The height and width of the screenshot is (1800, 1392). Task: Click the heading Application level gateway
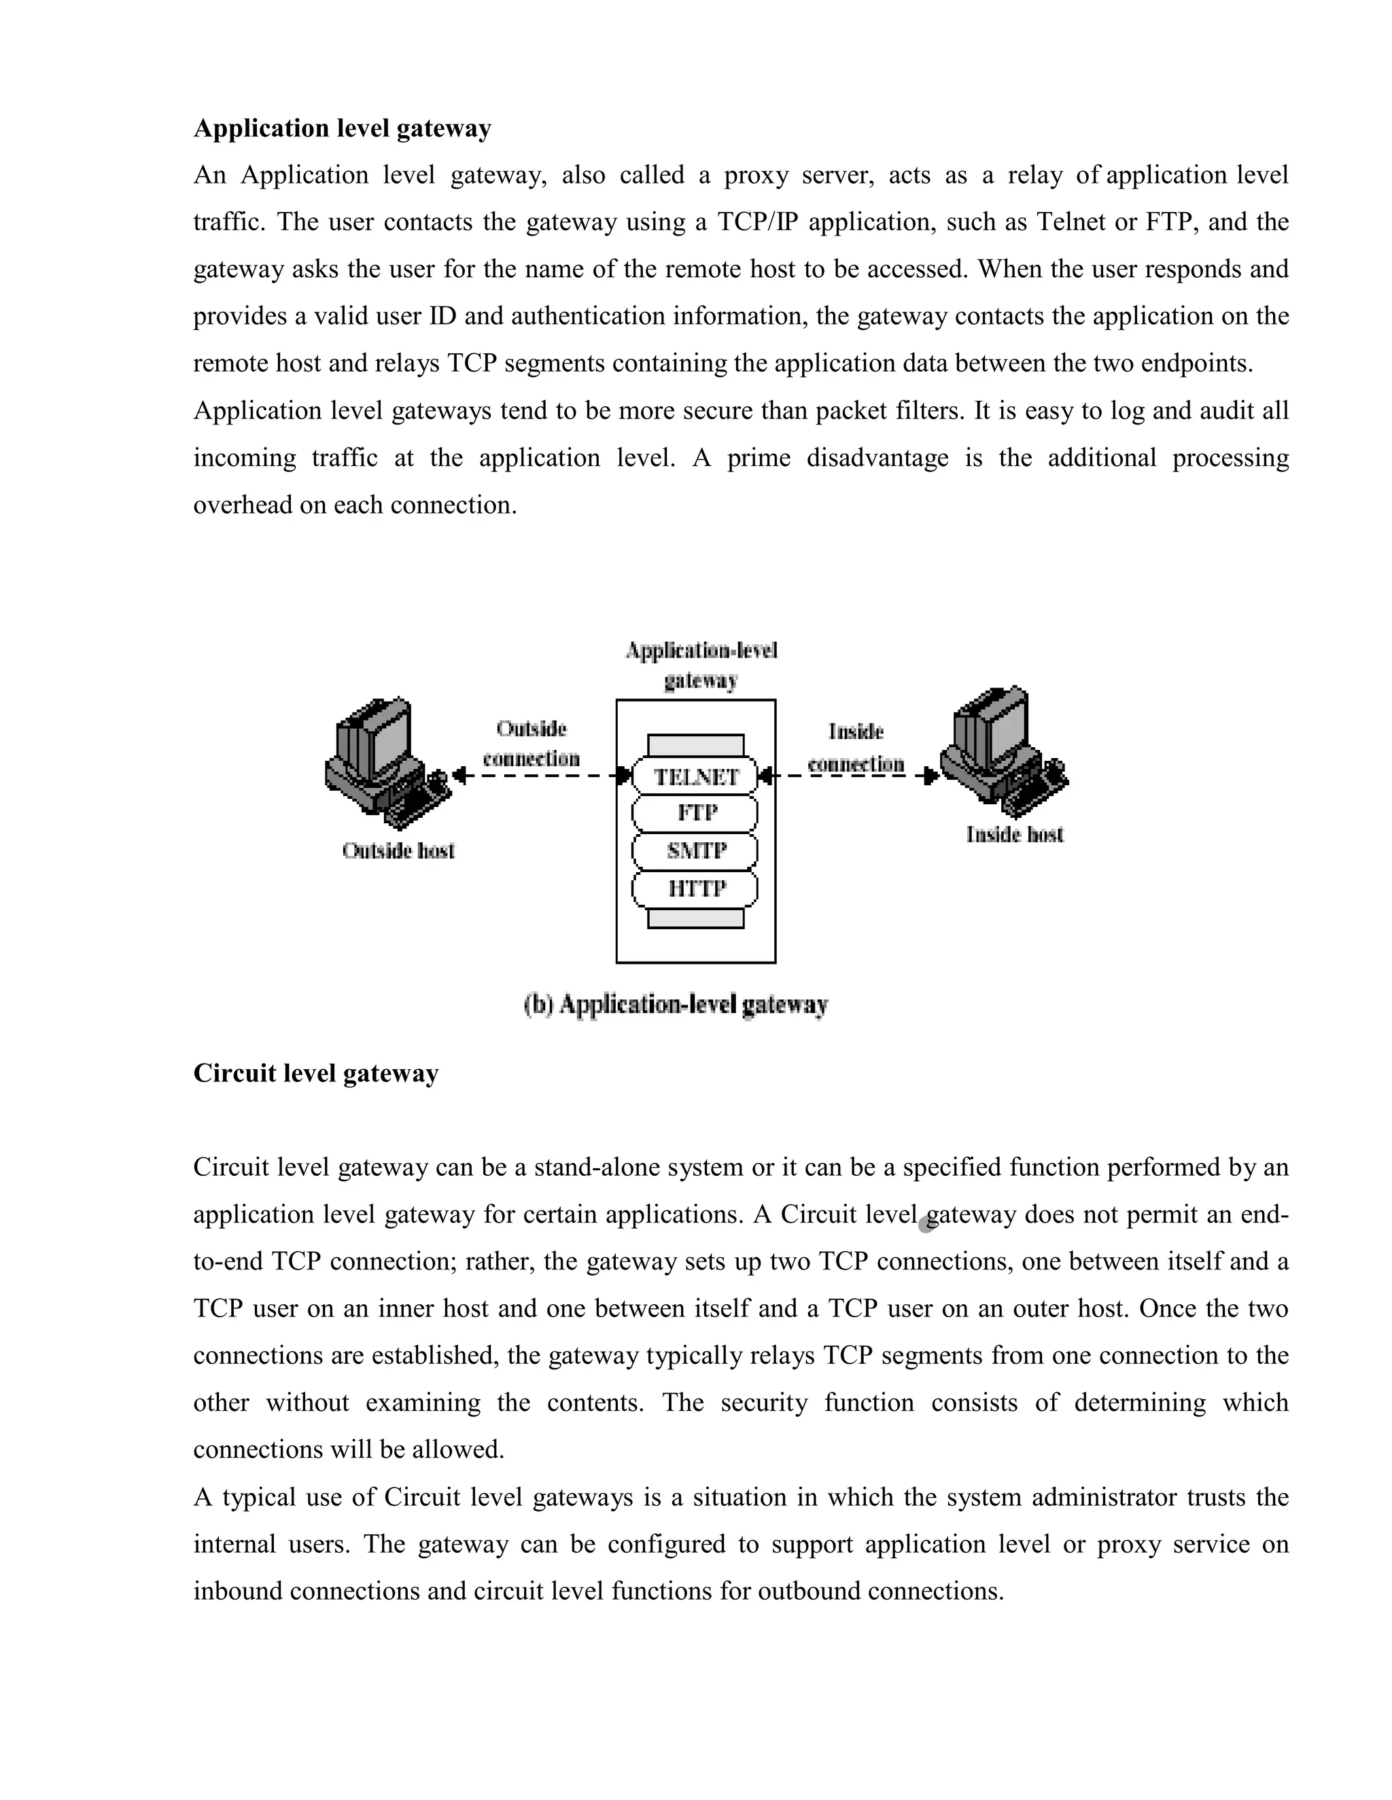coord(343,128)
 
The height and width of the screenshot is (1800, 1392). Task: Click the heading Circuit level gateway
coord(316,1073)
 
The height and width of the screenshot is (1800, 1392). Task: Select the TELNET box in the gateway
coord(695,776)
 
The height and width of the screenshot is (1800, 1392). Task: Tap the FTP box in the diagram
coord(695,814)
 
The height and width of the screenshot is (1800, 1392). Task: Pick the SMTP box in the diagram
coord(695,850)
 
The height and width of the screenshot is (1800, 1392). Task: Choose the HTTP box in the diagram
coord(695,888)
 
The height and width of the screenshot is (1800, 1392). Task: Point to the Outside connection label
coord(531,743)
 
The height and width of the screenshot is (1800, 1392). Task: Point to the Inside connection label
coord(856,748)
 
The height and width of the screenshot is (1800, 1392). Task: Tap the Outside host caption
coord(398,850)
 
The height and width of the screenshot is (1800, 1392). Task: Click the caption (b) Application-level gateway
coord(676,1005)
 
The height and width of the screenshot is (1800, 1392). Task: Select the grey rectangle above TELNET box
coord(695,745)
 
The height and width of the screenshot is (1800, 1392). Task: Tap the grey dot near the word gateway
coord(926,1224)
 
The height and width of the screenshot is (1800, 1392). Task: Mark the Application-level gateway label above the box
coord(701,665)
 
